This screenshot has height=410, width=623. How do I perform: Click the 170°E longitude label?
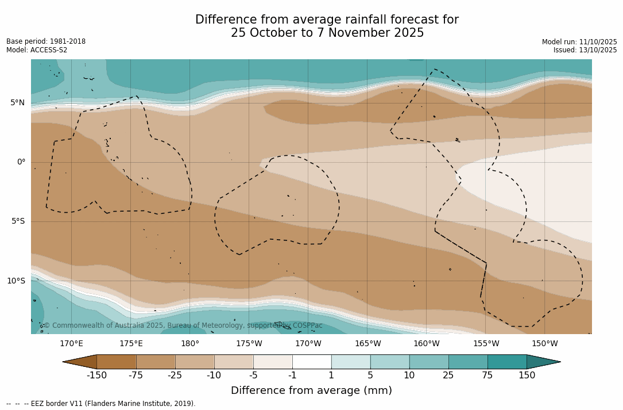tap(71, 344)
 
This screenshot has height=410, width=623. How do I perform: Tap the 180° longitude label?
tap(190, 344)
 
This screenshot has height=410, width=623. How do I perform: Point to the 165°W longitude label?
tap(367, 344)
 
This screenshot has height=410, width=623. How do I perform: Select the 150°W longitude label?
tap(544, 344)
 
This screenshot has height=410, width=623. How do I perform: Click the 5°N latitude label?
tap(18, 103)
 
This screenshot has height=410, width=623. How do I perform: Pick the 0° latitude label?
tap(21, 162)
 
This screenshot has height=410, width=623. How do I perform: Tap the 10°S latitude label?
tap(16, 281)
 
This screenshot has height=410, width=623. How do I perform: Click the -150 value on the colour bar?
tap(96, 375)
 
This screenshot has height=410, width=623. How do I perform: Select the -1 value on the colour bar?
tap(292, 375)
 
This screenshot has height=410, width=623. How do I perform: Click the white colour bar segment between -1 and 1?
tap(312, 362)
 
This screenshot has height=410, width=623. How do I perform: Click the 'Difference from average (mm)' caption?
tap(311, 390)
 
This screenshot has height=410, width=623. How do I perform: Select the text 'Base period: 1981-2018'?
tap(46, 41)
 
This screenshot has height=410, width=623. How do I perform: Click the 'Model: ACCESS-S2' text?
tap(37, 50)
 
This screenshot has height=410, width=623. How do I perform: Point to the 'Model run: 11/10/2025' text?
tap(579, 42)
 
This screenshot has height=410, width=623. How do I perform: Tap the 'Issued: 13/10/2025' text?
tap(585, 50)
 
